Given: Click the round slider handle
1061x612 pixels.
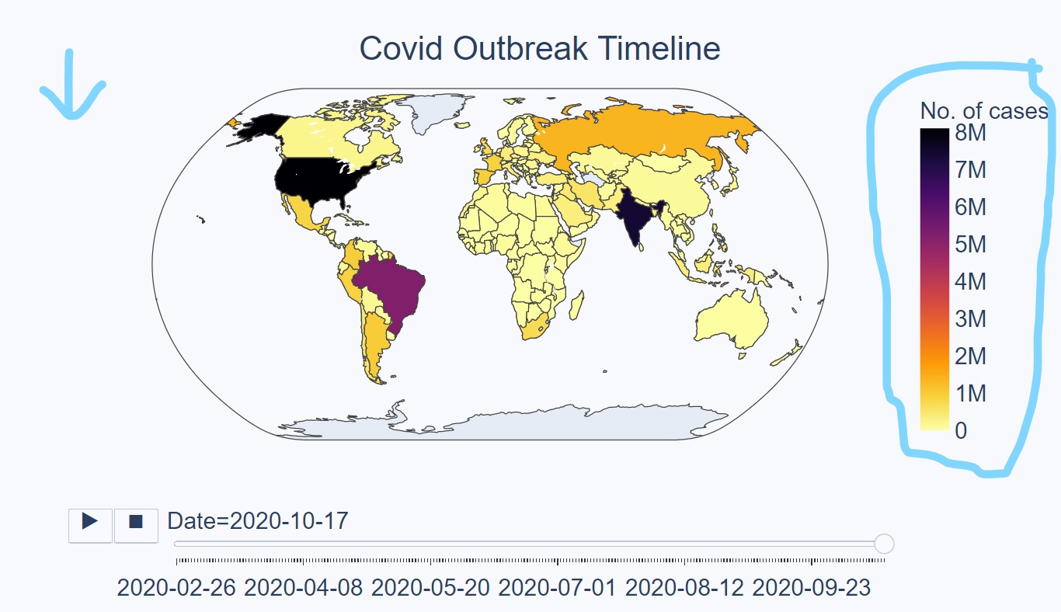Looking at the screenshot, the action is pos(884,544).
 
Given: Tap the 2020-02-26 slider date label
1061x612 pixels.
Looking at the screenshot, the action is pos(176,588).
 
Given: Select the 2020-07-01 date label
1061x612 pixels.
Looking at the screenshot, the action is pos(557,588).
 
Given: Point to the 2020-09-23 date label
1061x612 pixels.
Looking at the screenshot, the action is pos(812,588).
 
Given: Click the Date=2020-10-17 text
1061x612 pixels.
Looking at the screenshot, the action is pos(258,521).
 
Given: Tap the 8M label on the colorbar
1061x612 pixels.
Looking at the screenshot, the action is pos(971,133).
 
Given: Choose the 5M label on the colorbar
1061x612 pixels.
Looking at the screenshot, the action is pos(971,245).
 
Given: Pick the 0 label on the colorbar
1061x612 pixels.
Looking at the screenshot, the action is pos(961,431).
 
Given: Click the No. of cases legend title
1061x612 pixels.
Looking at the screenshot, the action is pos(984,111).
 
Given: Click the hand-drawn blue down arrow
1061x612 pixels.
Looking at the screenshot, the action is pos(72,85).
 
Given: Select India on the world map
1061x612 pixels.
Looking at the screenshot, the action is pos(635,218).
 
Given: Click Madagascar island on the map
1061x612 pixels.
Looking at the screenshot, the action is pos(576,305).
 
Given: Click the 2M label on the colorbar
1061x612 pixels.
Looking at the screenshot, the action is pos(971,356).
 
